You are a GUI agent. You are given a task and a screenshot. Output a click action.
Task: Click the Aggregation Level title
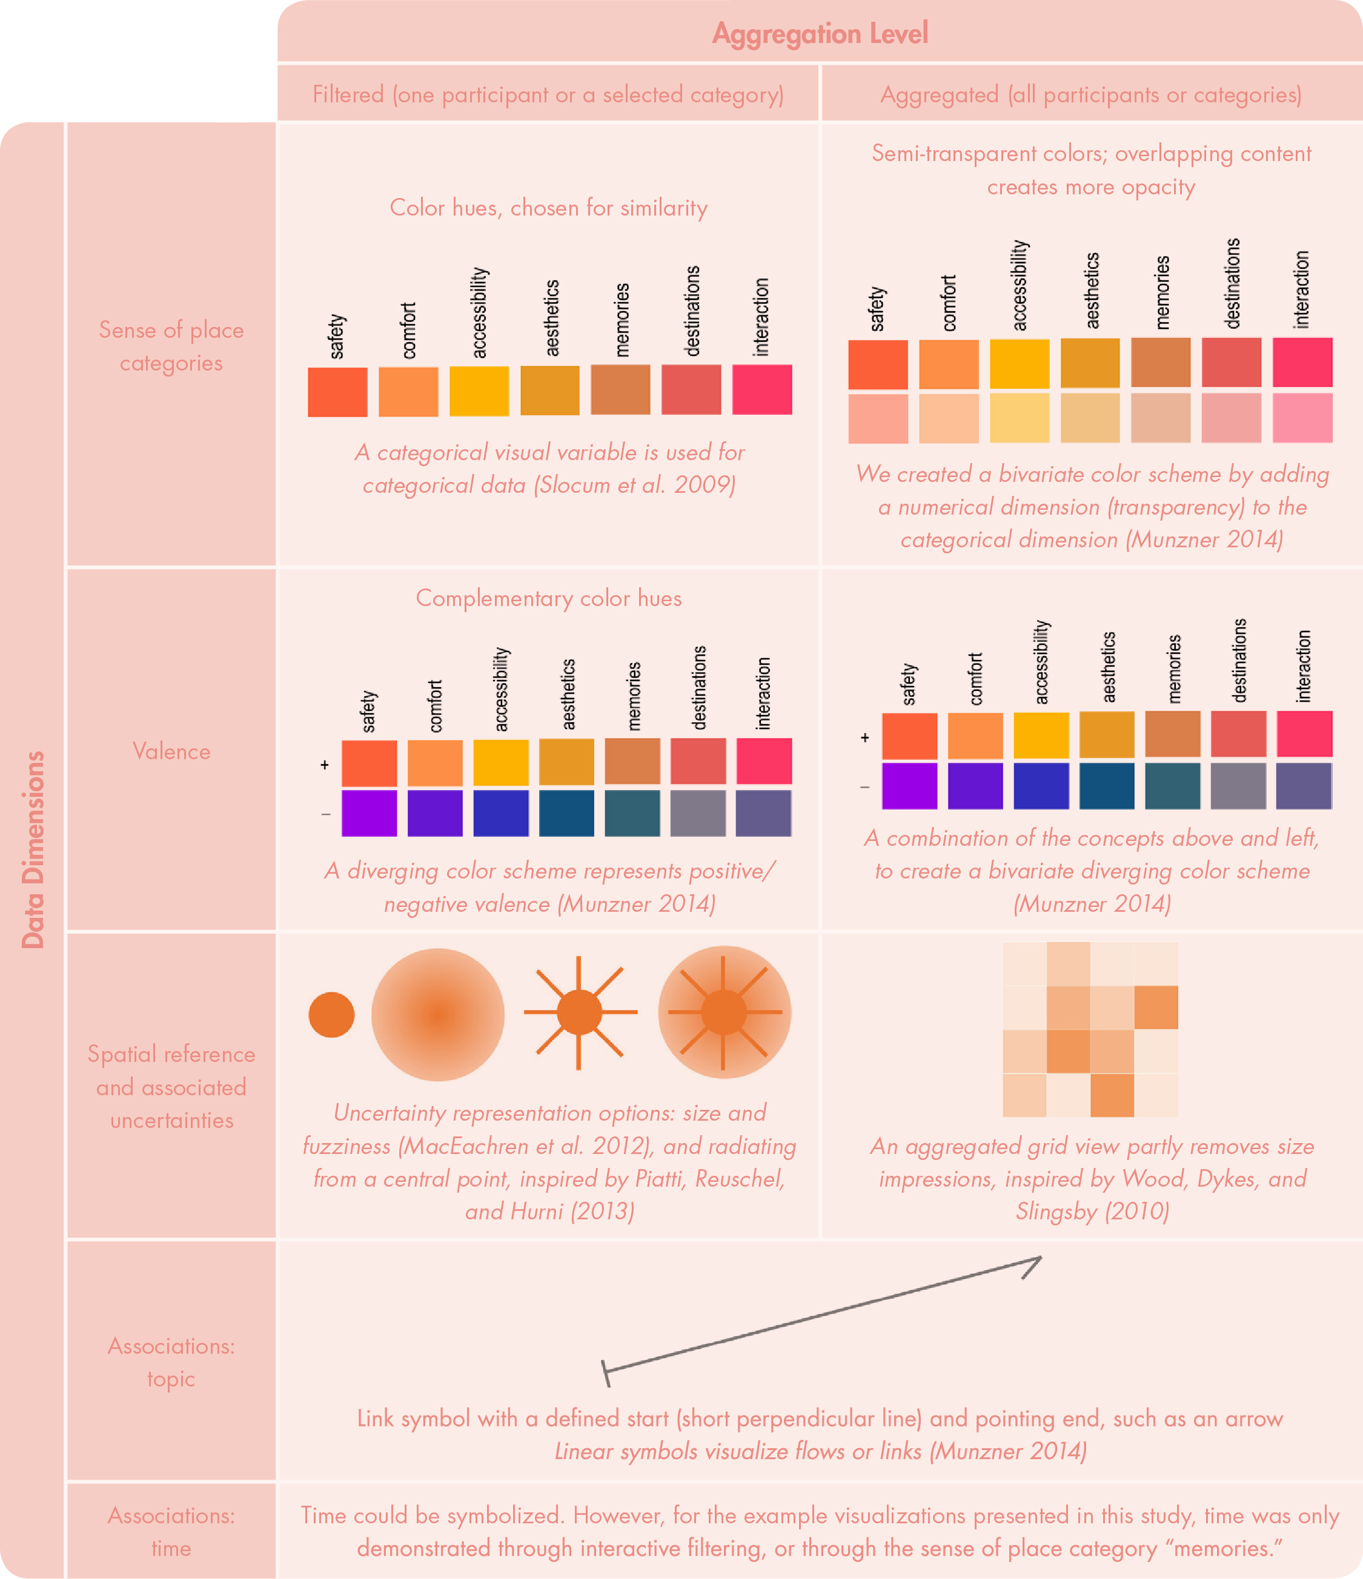(x=820, y=33)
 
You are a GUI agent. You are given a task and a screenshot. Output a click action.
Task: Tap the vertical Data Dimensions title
(x=33, y=849)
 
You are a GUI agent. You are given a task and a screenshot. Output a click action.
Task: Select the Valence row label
(x=171, y=751)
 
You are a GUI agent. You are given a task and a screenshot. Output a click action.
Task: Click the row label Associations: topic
(x=171, y=1363)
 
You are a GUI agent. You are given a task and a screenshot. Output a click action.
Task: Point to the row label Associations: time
(x=171, y=1532)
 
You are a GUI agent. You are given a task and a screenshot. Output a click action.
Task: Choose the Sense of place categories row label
(x=171, y=347)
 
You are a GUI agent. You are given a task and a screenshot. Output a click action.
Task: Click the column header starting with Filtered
(x=548, y=94)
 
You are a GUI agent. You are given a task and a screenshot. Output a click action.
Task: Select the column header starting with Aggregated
(x=1091, y=94)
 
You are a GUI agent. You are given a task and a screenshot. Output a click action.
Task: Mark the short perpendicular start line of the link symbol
(x=605, y=1373)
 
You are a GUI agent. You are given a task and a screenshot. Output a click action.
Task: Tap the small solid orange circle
(x=331, y=1014)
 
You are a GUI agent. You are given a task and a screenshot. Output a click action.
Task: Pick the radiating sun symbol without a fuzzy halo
(x=579, y=1013)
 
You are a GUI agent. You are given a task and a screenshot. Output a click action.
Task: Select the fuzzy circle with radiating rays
(x=724, y=1012)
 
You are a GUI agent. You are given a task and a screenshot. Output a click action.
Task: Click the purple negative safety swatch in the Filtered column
(x=369, y=813)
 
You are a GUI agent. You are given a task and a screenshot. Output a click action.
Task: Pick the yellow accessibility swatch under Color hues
(x=479, y=391)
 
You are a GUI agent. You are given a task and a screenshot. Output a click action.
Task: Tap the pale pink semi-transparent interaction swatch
(x=1302, y=418)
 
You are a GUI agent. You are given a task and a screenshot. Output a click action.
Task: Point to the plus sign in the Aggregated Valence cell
(x=864, y=737)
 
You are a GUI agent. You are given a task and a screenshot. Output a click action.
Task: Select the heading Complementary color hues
(x=548, y=598)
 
